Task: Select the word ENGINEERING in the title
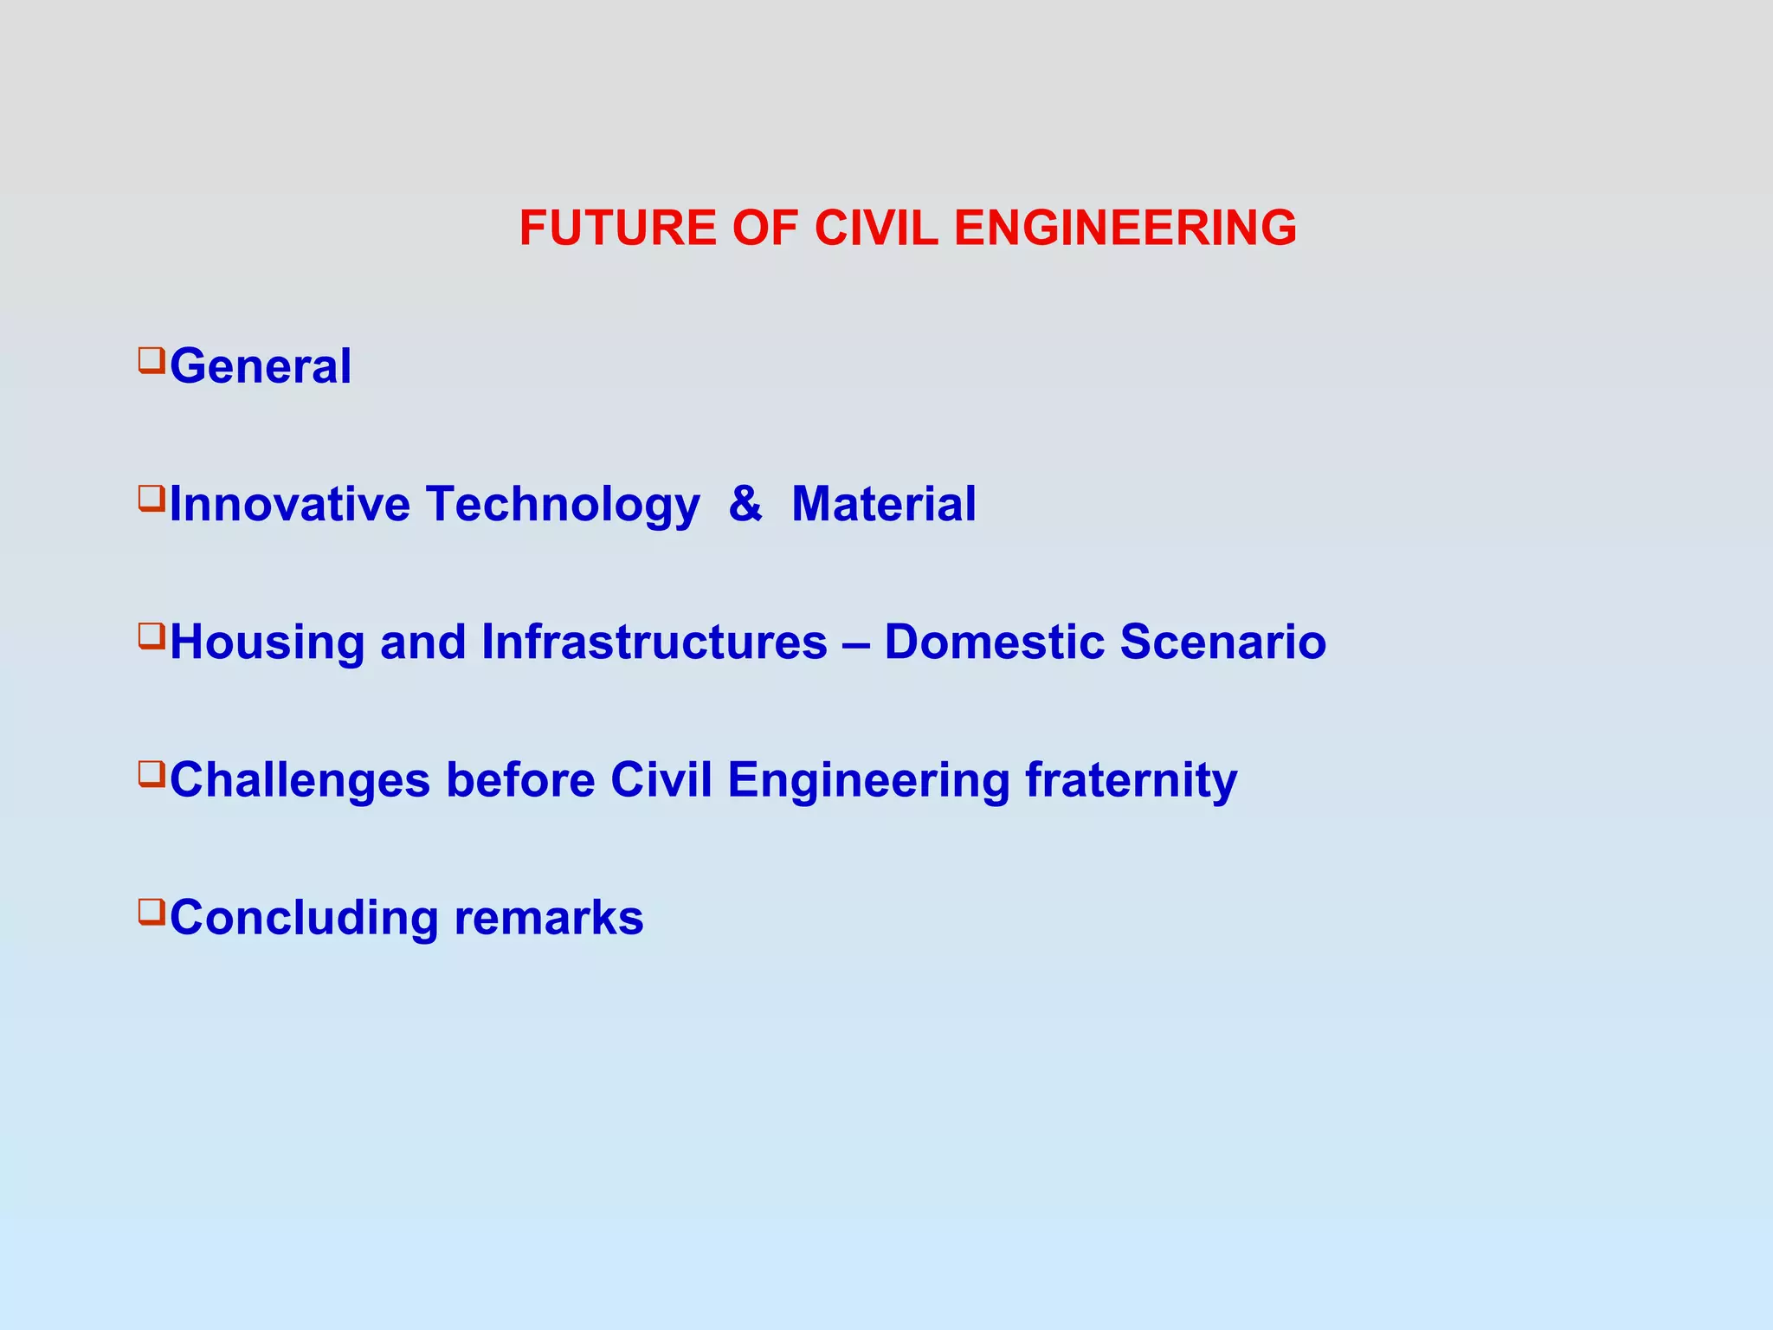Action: pyautogui.click(x=1125, y=229)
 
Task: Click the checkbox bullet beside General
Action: pyautogui.click(x=151, y=359)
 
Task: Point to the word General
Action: pyautogui.click(x=261, y=366)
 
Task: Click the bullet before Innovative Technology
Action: pyautogui.click(x=151, y=498)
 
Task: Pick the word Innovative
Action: pyautogui.click(x=289, y=504)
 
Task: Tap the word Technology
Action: pyautogui.click(x=563, y=506)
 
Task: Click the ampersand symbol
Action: pyautogui.click(x=745, y=504)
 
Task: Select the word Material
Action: pyautogui.click(x=884, y=504)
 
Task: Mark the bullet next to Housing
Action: pyautogui.click(x=151, y=636)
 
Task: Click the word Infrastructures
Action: pyautogui.click(x=654, y=642)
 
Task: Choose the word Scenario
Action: pyautogui.click(x=1222, y=642)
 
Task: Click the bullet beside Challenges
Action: pyautogui.click(x=151, y=773)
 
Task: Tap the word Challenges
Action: pyautogui.click(x=300, y=781)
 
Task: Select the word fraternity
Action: pyautogui.click(x=1131, y=781)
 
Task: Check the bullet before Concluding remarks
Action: pyautogui.click(x=151, y=911)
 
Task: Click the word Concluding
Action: pyautogui.click(x=304, y=919)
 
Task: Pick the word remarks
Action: pyautogui.click(x=548, y=918)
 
